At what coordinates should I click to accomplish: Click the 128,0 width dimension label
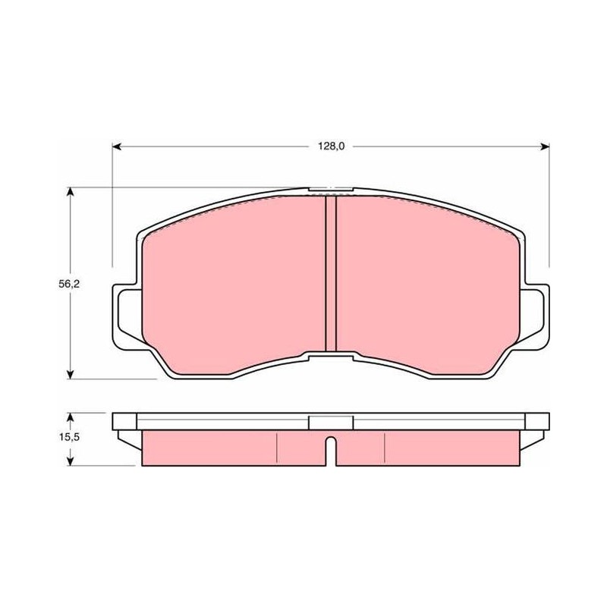[331, 146]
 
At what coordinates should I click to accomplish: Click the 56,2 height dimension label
[69, 284]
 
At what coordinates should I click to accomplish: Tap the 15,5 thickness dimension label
[69, 437]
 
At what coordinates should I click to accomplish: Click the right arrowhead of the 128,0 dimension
[545, 146]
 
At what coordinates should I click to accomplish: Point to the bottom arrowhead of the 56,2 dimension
[70, 374]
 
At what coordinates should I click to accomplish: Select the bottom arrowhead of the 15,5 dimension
[70, 461]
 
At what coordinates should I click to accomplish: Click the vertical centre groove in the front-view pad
[331, 274]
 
